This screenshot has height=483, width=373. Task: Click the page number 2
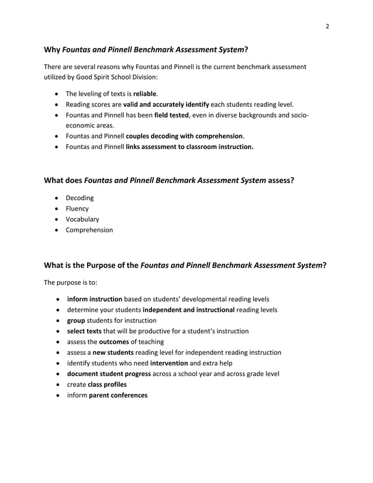point(327,26)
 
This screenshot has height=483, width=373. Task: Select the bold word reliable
point(145,94)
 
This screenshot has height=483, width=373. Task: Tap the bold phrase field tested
point(171,115)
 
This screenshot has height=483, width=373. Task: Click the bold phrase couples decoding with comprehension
point(184,136)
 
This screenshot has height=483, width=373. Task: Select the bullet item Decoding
point(80,198)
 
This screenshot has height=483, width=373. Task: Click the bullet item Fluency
point(77,208)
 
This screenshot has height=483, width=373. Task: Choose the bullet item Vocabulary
point(82,219)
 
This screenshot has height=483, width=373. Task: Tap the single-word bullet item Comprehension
point(89,230)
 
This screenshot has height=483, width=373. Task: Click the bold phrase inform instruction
point(95,299)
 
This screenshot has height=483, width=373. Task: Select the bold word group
point(76,320)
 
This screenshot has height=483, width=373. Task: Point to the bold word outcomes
point(113,341)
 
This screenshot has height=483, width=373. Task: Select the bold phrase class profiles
point(107,384)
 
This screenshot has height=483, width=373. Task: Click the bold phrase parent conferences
point(118,395)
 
